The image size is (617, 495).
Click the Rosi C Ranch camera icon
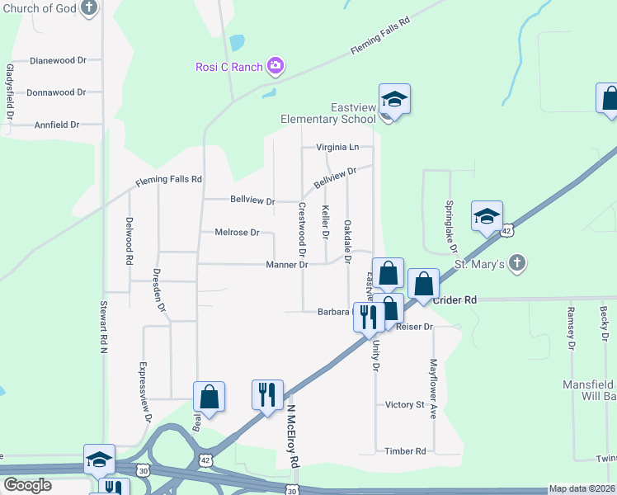(276, 67)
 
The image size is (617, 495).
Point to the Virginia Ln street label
(338, 148)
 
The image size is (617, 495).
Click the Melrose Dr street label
(237, 233)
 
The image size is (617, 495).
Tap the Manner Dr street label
(287, 265)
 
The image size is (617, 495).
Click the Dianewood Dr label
(58, 61)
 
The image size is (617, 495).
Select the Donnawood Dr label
(56, 92)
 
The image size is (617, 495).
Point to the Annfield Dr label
(57, 125)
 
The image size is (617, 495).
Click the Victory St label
(404, 405)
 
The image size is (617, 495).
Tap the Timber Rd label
(405, 451)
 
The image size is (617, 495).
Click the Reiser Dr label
(414, 328)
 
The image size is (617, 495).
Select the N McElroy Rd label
(292, 437)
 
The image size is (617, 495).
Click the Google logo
(27, 486)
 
